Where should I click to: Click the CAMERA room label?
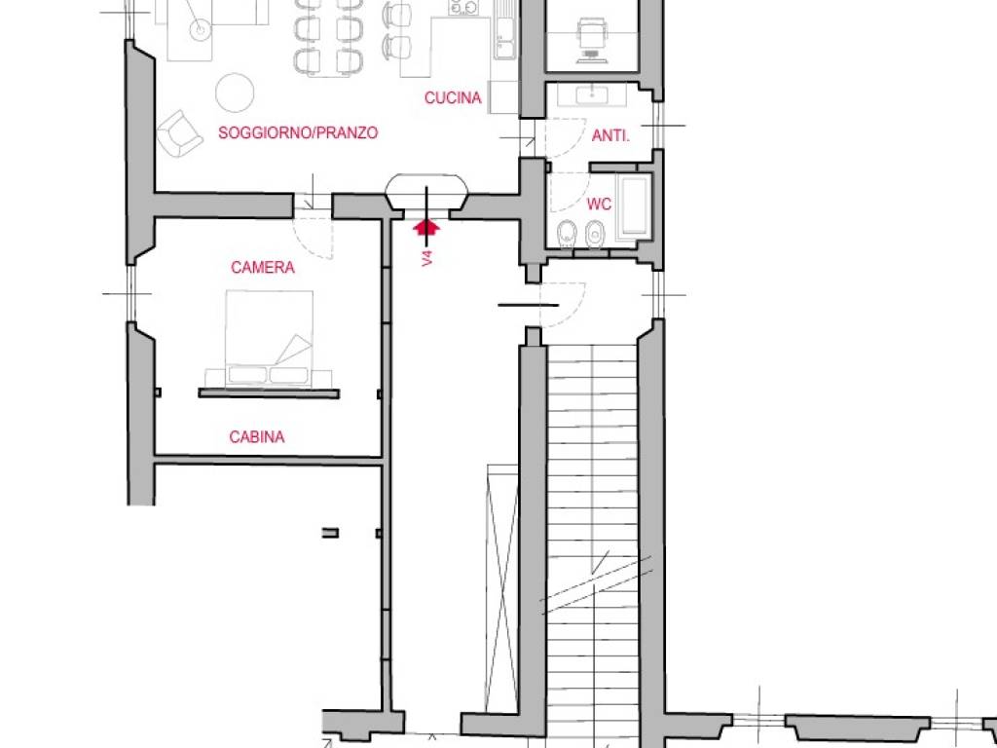point(263,267)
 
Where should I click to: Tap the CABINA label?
point(256,437)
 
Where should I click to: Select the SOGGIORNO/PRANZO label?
point(298,132)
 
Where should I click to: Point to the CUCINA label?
point(453,98)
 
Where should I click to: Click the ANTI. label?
point(610,135)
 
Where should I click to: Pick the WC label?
point(599,205)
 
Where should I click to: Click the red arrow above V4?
point(426,226)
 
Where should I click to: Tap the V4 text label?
point(427,257)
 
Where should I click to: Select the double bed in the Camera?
point(269,338)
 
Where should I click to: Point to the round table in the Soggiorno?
point(235,93)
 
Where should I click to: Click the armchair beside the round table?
point(179,132)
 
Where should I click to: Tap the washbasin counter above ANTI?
point(592,95)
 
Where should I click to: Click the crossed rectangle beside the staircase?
point(502,588)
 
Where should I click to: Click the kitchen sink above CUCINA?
point(505,37)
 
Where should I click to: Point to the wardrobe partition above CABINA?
point(269,393)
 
